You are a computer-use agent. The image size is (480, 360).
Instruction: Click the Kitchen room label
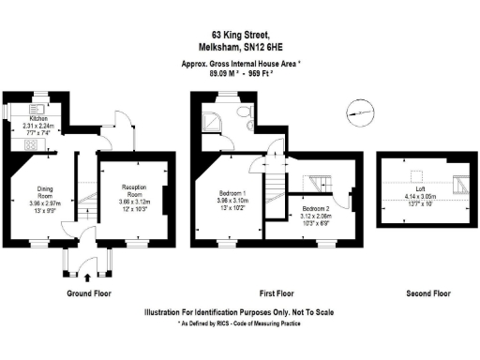pos(37,119)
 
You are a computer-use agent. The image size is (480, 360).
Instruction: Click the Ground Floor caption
pos(90,293)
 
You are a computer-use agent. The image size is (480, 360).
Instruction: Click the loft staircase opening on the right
pos(460,182)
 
